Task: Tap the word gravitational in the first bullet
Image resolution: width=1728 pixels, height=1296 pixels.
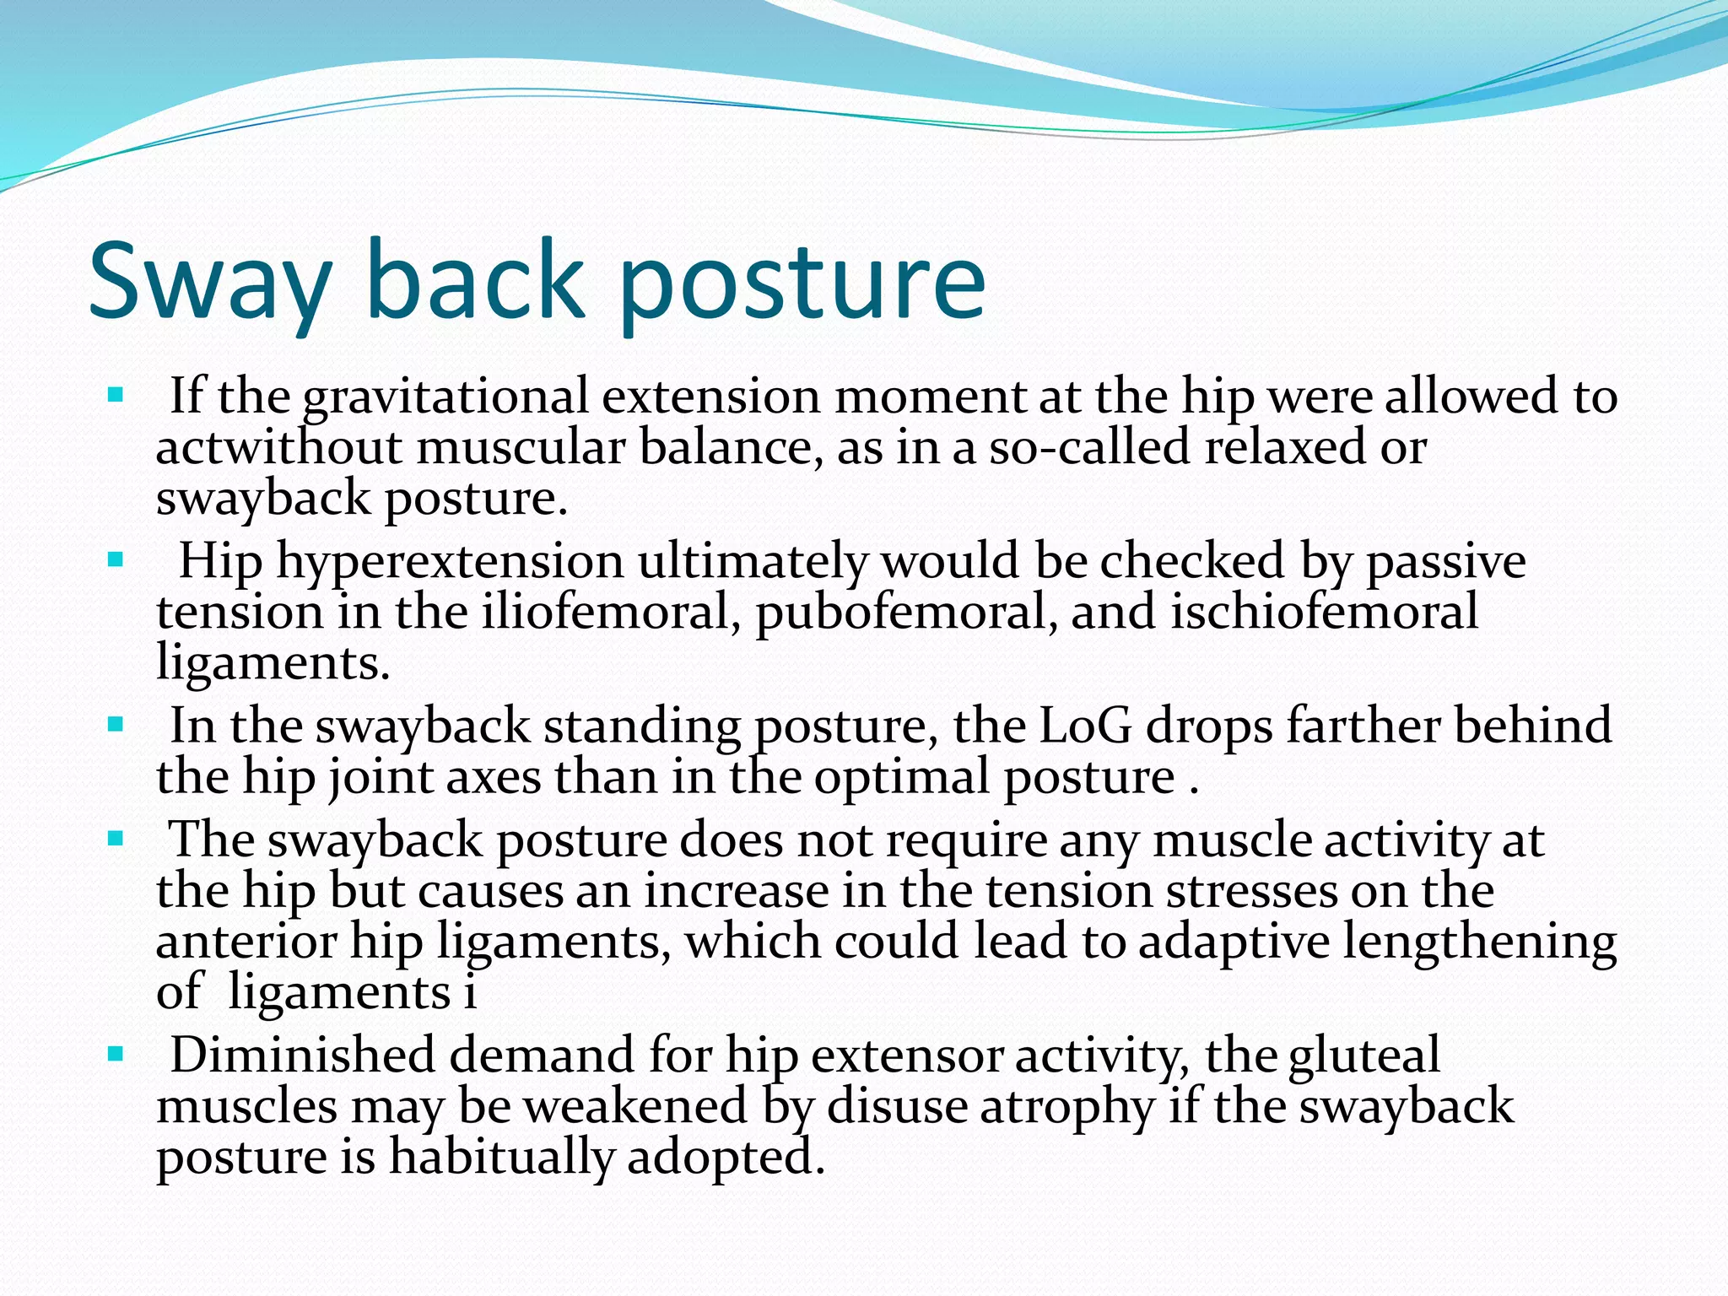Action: click(445, 397)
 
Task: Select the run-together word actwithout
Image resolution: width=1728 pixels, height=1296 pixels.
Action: click(278, 447)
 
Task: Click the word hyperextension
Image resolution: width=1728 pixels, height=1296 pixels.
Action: click(450, 562)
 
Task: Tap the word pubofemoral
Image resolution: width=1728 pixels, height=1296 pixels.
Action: click(906, 613)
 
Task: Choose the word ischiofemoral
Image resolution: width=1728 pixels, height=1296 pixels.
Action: click(1324, 613)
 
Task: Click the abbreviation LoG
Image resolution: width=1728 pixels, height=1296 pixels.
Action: click(1085, 726)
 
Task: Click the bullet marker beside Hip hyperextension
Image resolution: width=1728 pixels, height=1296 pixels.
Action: click(116, 559)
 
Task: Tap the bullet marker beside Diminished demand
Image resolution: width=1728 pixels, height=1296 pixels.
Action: click(116, 1054)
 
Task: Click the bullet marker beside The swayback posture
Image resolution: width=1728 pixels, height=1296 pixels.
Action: click(116, 839)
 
